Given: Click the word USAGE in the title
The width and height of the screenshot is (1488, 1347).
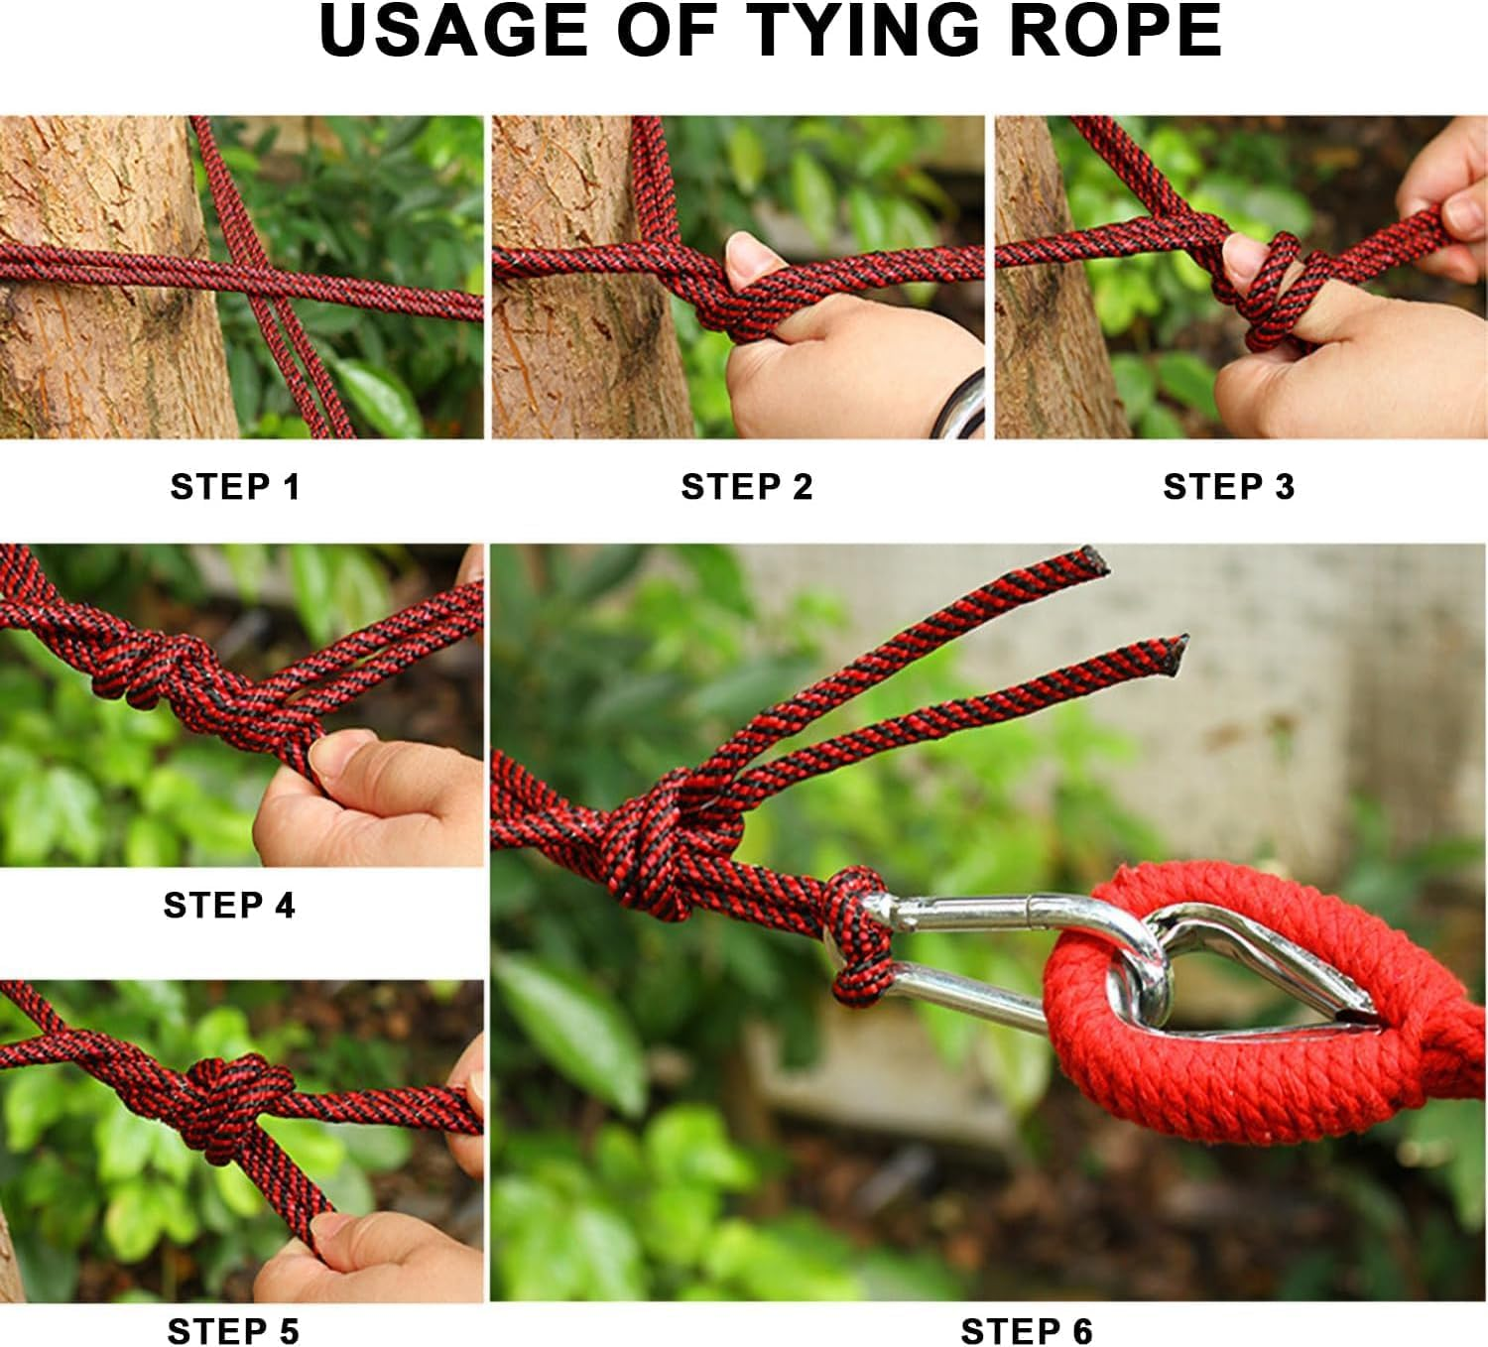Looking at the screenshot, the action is pos(455,30).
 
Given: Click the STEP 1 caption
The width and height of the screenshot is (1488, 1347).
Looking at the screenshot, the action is pos(234,487).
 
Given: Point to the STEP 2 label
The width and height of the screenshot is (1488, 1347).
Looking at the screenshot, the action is pos(747,487).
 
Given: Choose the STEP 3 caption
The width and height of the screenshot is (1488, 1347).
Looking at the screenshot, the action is pos(1229,487).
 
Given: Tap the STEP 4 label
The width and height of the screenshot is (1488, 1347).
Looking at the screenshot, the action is pos(229,906).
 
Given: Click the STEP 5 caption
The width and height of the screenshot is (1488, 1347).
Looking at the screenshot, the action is pos(233,1331).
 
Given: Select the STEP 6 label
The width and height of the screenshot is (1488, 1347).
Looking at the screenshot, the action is pos(1027,1331).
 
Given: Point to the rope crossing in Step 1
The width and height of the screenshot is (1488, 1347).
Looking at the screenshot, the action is pos(261,286).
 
